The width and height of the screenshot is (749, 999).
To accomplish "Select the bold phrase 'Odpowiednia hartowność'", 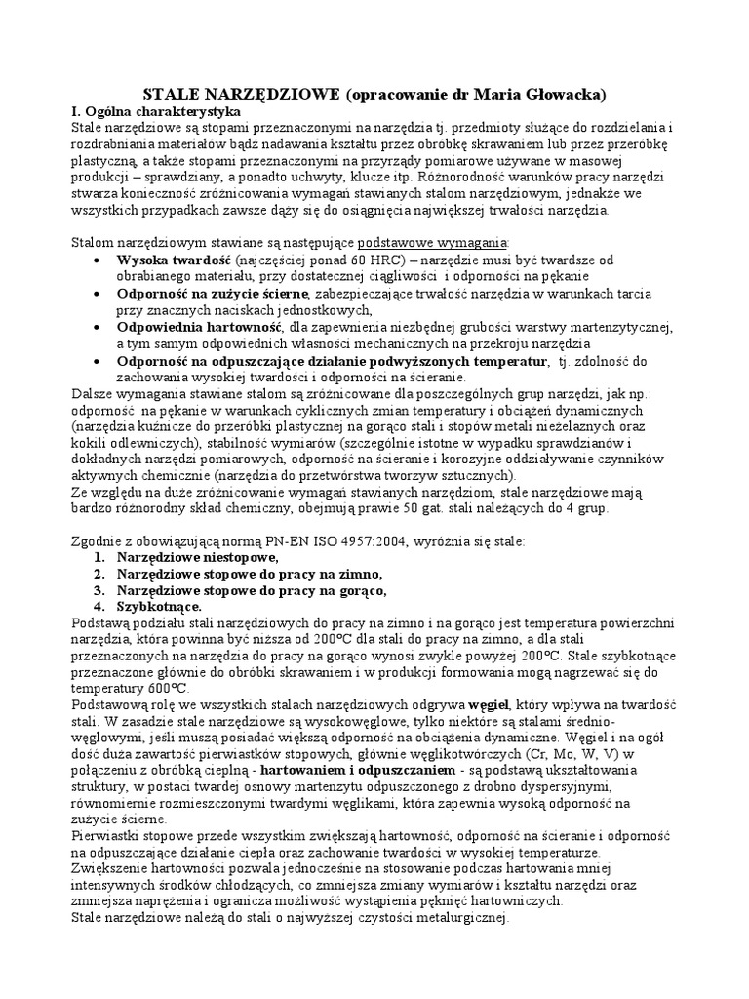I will tap(199, 327).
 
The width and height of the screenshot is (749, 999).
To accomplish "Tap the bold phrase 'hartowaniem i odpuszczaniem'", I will tap(322, 771).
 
